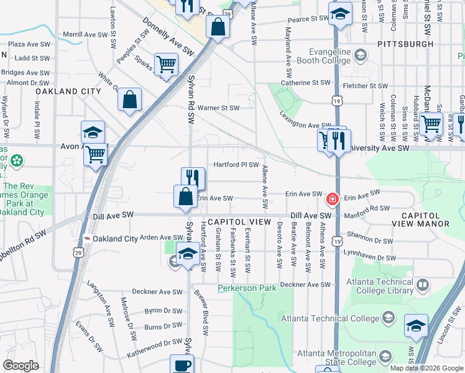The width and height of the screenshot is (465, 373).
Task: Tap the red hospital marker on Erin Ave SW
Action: click(x=333, y=200)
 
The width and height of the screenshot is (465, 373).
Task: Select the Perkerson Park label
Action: click(x=247, y=288)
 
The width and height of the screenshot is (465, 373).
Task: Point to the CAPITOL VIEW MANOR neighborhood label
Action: click(x=420, y=219)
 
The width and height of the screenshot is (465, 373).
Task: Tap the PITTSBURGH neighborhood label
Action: click(x=405, y=44)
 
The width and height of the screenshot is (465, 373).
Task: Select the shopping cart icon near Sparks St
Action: click(x=166, y=63)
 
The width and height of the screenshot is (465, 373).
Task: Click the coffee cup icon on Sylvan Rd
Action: click(x=182, y=365)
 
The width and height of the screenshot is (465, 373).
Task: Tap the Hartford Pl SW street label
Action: click(x=236, y=165)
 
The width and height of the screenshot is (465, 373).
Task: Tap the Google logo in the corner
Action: click(x=21, y=366)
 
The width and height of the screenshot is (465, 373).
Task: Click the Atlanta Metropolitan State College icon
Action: click(x=385, y=356)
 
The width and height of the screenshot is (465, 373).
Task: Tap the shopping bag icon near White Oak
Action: click(x=129, y=99)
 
